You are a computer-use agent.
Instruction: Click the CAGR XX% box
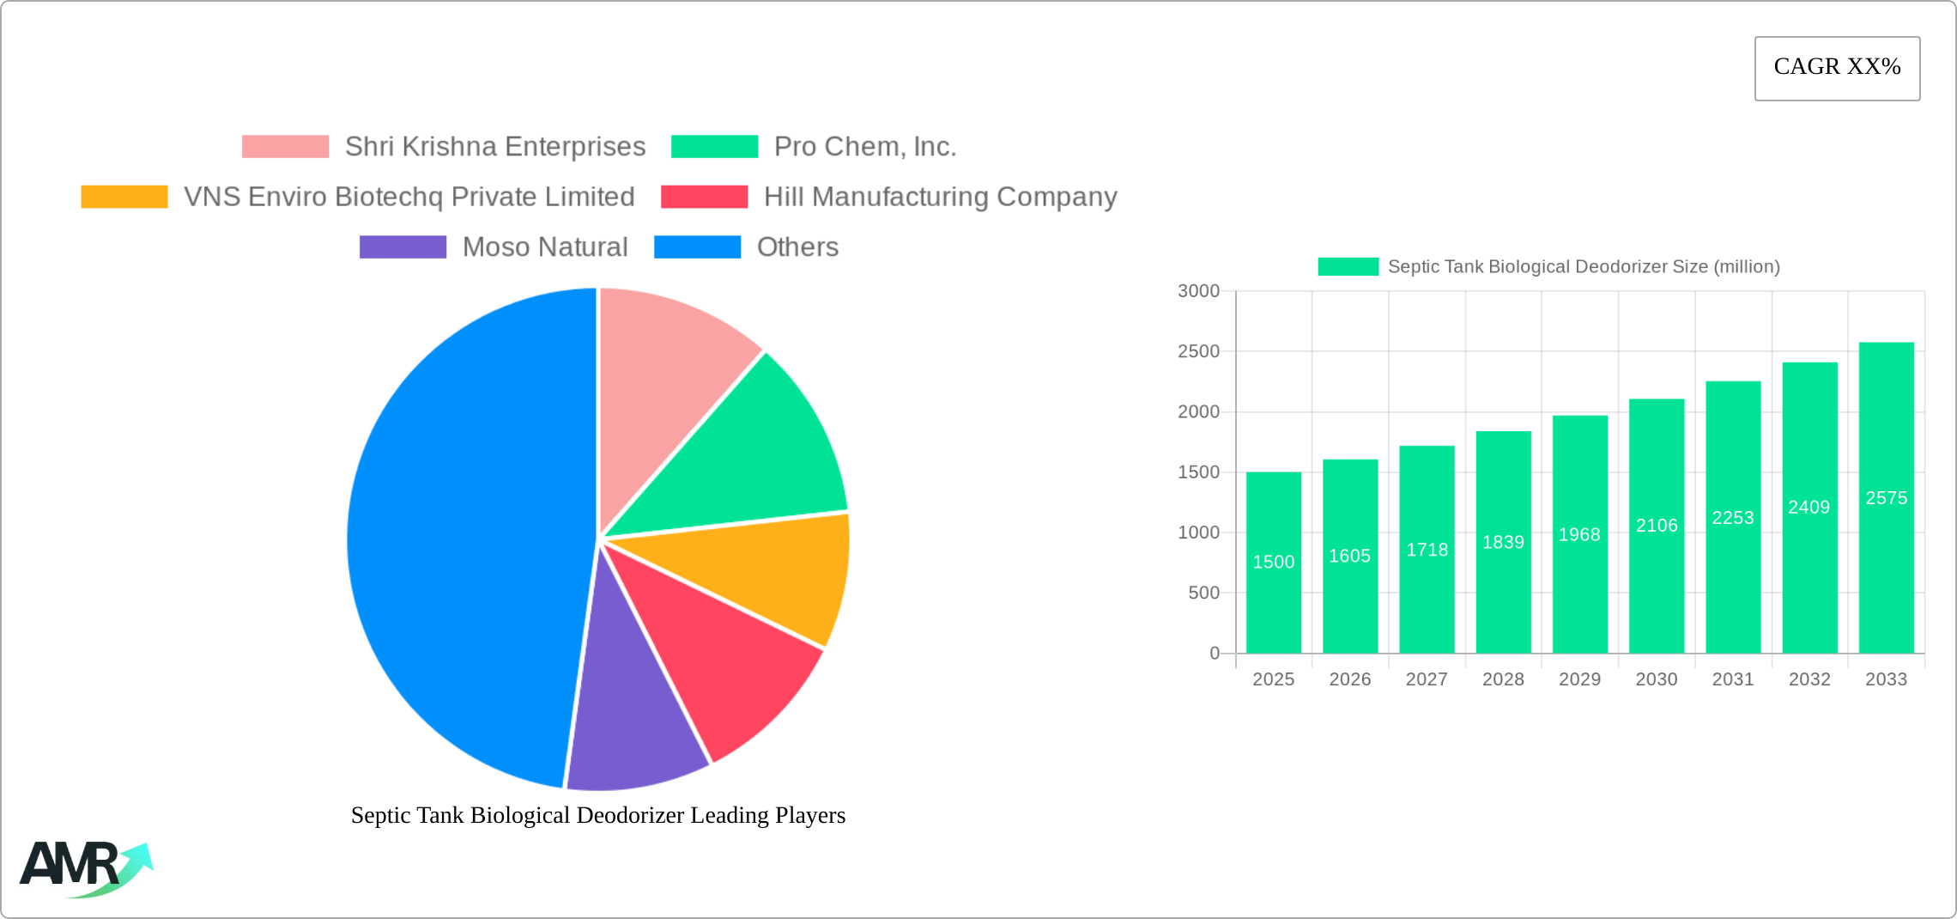pyautogui.click(x=1837, y=68)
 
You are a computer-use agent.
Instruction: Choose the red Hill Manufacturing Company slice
pyautogui.click(x=730, y=661)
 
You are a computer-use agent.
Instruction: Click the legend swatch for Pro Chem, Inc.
pyautogui.click(x=714, y=147)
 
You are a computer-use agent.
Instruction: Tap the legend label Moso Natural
pyautogui.click(x=545, y=247)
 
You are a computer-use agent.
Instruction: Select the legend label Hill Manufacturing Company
pyautogui.click(x=940, y=197)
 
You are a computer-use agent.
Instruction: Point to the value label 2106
pyautogui.click(x=1657, y=526)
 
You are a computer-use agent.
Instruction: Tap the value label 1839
pyautogui.click(x=1503, y=542)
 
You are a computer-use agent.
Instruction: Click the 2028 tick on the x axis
pyautogui.click(x=1503, y=679)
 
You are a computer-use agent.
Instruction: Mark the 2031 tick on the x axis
pyautogui.click(x=1733, y=679)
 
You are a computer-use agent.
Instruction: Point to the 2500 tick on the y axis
pyautogui.click(x=1198, y=351)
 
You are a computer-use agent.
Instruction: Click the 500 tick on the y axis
pyautogui.click(x=1203, y=593)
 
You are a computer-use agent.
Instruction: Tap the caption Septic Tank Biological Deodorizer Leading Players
pyautogui.click(x=597, y=815)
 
